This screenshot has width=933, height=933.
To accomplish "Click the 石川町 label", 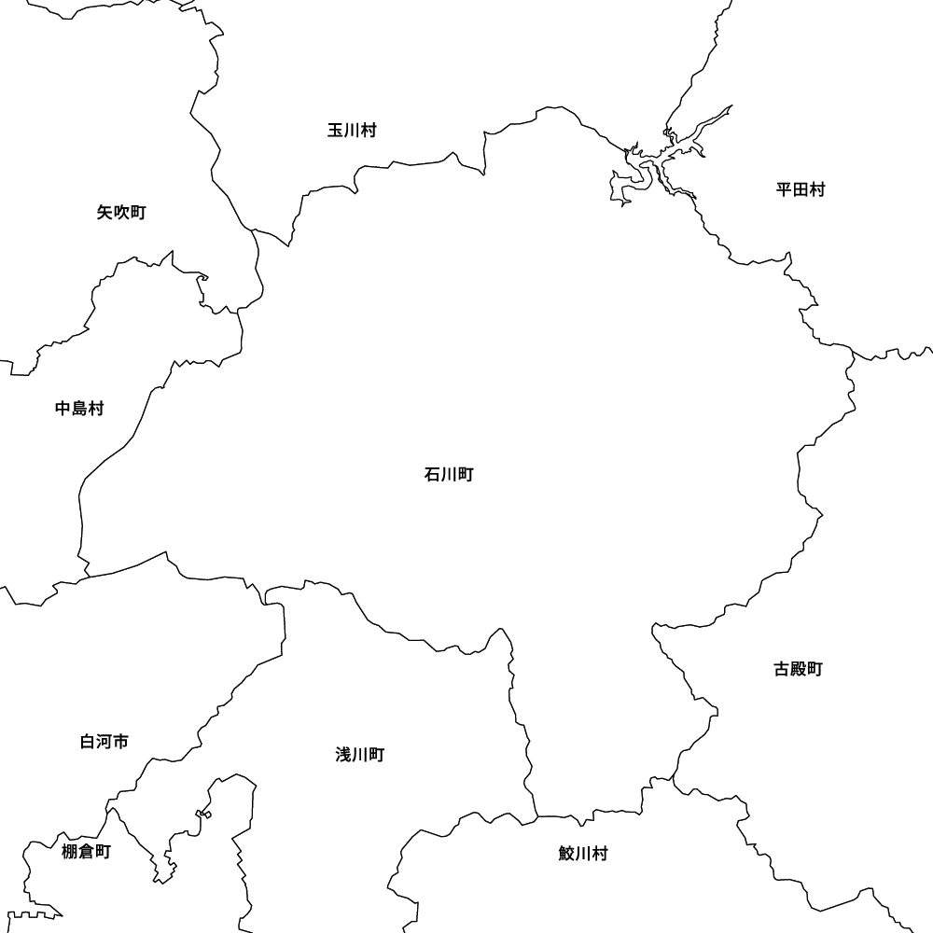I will pos(449,476).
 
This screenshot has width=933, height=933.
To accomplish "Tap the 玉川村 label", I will pos(352,131).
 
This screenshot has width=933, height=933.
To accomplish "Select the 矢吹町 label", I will pos(121,213).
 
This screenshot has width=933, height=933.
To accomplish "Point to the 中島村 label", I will pos(79,409).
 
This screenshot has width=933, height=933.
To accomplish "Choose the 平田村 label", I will pos(801,190).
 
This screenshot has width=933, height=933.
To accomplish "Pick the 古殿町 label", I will pos(799,669).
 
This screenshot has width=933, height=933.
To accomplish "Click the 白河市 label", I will pos(104,743).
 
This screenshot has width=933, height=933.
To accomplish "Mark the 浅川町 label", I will pos(359,755).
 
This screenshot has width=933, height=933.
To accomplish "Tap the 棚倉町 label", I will pos(86,852).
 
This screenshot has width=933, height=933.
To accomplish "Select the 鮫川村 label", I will pos(583,854).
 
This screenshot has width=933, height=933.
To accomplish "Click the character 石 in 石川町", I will pos(432,476).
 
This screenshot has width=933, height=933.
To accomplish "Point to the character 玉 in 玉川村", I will pos(335,131).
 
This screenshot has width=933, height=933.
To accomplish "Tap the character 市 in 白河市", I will pos(121,743).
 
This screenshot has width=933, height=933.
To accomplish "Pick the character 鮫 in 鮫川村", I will pos(566,854).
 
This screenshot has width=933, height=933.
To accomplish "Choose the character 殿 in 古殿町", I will pos(799,669).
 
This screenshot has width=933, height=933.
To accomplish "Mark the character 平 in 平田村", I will pos(784,190).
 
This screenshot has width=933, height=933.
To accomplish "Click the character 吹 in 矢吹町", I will pos(121,213).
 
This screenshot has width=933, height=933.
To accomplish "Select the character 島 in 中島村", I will pos(79,409).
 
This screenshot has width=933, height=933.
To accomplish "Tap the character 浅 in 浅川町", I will pos(342,755).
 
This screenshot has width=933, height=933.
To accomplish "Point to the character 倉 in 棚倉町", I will pos(86,852).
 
